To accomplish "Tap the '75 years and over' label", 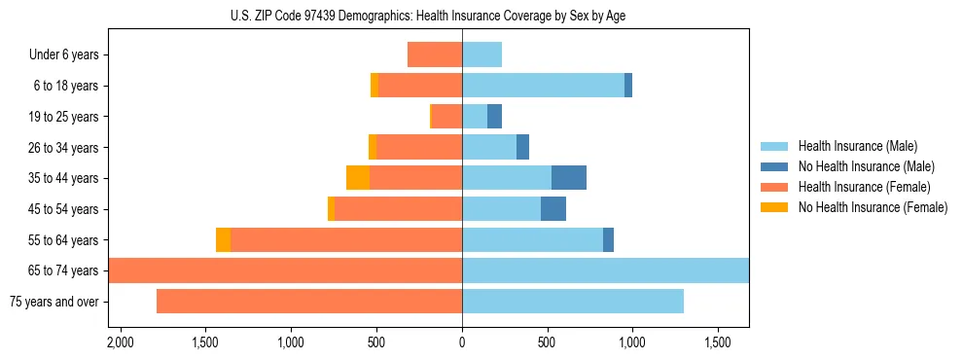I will (53, 302).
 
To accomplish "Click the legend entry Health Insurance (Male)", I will (857, 146).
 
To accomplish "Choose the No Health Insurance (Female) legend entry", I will (873, 207).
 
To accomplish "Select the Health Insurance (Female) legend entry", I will (865, 187).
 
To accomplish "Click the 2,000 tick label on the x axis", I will (121, 343).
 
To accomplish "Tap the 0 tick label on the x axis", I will (462, 343).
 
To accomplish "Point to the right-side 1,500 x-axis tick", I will (718, 343).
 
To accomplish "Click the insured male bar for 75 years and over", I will (573, 302).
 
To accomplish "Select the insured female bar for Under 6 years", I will (435, 54).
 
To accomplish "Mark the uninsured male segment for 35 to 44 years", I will (569, 178).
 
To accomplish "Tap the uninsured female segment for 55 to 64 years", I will (223, 239).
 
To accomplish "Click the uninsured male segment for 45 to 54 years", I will (553, 209).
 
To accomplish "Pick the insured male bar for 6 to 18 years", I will (543, 86).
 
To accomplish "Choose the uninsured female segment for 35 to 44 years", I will (358, 178).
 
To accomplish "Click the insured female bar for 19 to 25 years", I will (446, 117).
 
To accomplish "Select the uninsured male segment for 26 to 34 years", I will (522, 147).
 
